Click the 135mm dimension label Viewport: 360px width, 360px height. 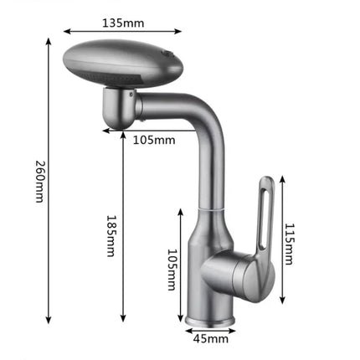tap(123, 23)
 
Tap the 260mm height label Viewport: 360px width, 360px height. tap(40, 182)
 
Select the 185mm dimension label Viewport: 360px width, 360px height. tap(111, 235)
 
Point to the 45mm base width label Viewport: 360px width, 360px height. tap(211, 339)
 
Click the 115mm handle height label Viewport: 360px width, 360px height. tap(289, 244)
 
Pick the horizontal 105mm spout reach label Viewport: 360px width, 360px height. tap(154, 140)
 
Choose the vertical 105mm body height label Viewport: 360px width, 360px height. tap(172, 270)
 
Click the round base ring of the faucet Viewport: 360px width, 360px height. tap(209, 321)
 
